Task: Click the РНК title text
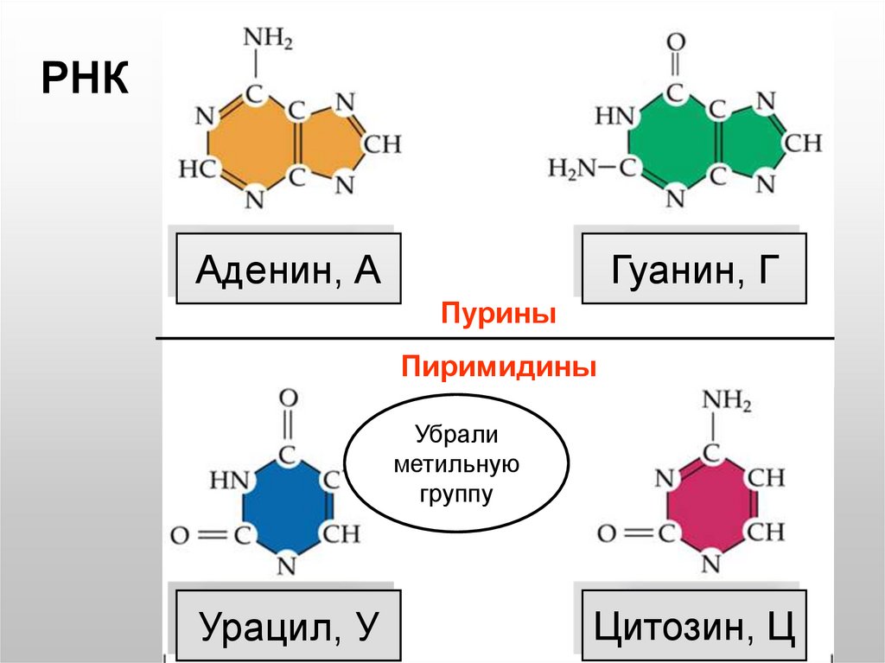click(86, 82)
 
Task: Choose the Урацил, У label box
click(288, 624)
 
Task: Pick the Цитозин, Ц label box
click(694, 624)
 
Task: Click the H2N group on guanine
click(573, 169)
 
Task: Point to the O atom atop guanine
click(677, 41)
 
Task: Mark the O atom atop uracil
click(289, 398)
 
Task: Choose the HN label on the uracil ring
click(228, 478)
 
